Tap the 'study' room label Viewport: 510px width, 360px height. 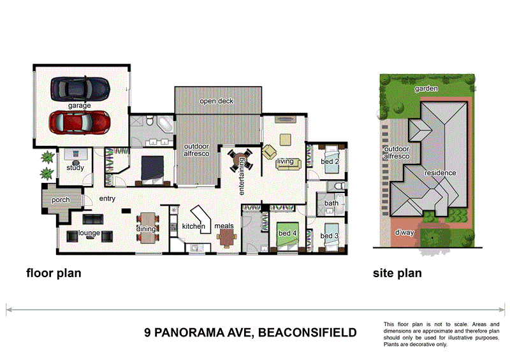tap(75, 168)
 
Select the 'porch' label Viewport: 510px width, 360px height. tap(61, 200)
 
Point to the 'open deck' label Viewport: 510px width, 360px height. tap(217, 101)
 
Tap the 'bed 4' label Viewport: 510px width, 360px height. tap(287, 234)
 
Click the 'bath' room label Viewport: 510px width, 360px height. tap(331, 204)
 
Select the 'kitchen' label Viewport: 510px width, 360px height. tap(193, 227)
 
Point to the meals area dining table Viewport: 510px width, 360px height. tap(227, 238)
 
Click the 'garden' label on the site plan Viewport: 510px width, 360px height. tap(426, 89)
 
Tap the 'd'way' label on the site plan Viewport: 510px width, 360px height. tap(404, 233)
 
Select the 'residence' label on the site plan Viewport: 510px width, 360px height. tap(440, 173)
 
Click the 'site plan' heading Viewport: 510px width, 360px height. tap(397, 274)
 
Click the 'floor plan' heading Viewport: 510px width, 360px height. tap(54, 274)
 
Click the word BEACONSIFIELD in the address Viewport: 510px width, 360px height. tap(306, 333)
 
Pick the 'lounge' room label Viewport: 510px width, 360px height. tap(89, 233)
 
